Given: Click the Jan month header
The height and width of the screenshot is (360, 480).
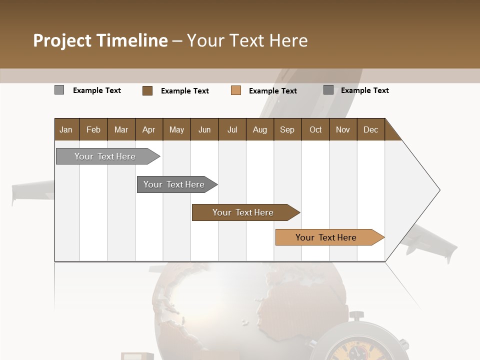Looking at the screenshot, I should [x=66, y=129].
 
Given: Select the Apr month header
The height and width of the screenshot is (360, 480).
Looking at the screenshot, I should [x=148, y=129].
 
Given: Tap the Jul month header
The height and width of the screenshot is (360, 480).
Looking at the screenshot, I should [x=232, y=129].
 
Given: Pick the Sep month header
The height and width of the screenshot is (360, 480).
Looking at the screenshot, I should [x=287, y=129].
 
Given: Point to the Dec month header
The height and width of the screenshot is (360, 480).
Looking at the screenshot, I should [x=370, y=129].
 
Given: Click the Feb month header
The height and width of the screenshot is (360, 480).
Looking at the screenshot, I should [x=93, y=129].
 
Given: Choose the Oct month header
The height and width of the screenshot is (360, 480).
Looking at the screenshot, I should [x=315, y=129].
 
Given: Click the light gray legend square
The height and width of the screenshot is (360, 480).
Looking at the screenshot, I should [x=59, y=90].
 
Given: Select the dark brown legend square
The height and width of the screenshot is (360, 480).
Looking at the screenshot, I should [x=147, y=90].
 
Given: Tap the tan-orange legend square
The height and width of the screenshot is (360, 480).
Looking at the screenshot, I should [x=236, y=90].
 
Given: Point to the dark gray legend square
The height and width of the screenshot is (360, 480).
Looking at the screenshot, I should [x=328, y=90].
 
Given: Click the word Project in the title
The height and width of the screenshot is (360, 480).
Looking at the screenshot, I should [x=62, y=40].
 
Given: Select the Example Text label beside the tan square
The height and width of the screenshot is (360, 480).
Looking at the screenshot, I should [x=273, y=90].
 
